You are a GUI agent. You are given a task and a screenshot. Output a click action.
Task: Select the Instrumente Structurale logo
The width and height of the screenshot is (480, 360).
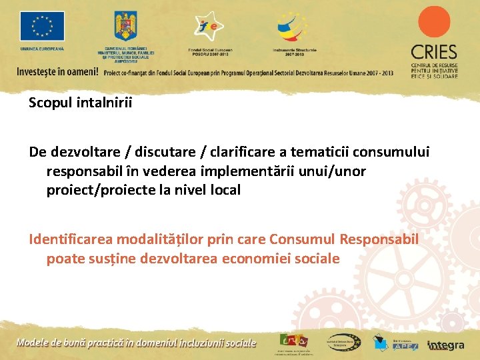(x=294, y=27)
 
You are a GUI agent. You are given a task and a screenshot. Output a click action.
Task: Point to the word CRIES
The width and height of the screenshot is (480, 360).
(x=434, y=52)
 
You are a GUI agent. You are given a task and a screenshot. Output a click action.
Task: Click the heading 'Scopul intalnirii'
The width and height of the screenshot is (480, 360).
(x=81, y=103)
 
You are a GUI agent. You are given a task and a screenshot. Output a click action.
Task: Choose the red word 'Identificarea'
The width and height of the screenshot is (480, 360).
(x=71, y=239)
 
